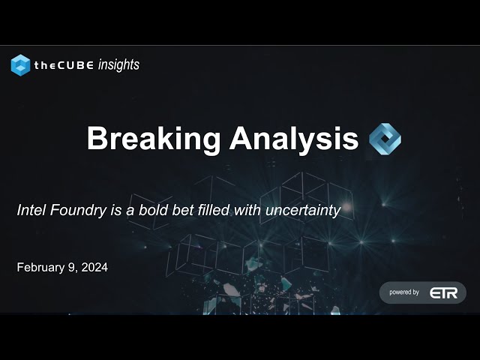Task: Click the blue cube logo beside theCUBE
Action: pyautogui.click(x=20, y=65)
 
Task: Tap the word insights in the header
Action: pyautogui.click(x=118, y=65)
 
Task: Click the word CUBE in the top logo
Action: pyautogui.click(x=76, y=65)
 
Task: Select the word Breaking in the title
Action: pyautogui.click(x=154, y=139)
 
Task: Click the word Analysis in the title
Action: pyautogui.click(x=294, y=139)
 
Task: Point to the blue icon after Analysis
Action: pyautogui.click(x=385, y=139)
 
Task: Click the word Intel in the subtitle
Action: pyautogui.click(x=31, y=210)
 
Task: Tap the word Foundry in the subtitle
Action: pyautogui.click(x=78, y=211)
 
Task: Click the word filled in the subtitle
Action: pyautogui.click(x=214, y=210)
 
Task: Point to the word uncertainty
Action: pyautogui.click(x=303, y=211)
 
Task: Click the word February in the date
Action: pyautogui.click(x=40, y=268)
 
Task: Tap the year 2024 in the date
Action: pyautogui.click(x=94, y=267)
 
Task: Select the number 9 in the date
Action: pyautogui.click(x=72, y=268)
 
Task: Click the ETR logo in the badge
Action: pyautogui.click(x=443, y=293)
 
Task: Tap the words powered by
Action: pyautogui.click(x=404, y=292)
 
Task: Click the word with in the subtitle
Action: pyautogui.click(x=247, y=210)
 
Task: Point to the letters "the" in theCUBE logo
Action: pyautogui.click(x=45, y=65)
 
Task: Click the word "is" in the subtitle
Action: pyautogui.click(x=116, y=210)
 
